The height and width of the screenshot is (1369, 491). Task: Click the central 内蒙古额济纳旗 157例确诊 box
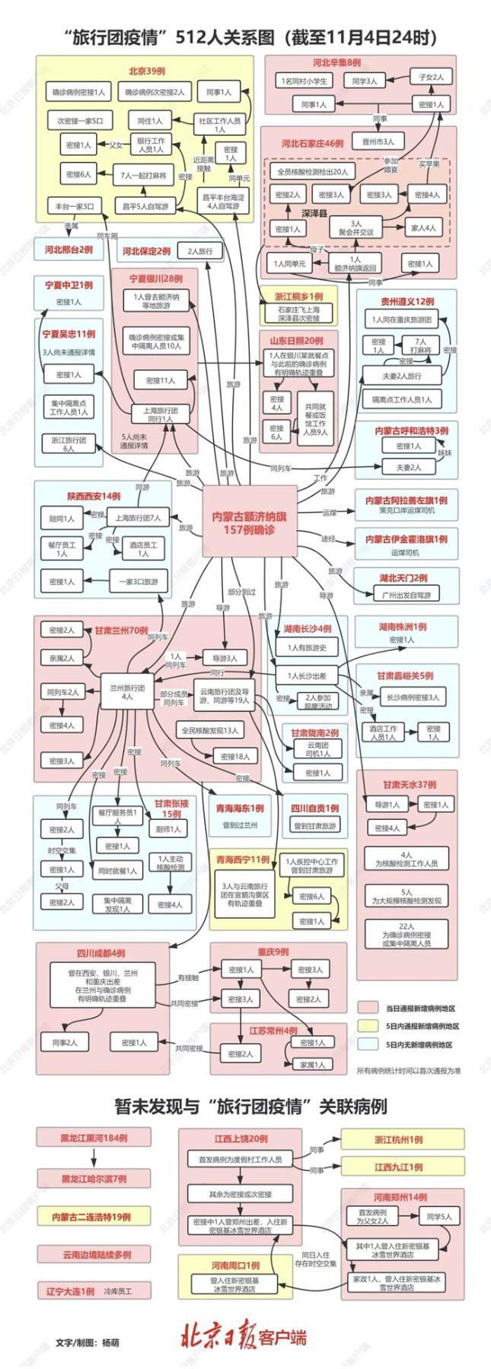tap(249, 523)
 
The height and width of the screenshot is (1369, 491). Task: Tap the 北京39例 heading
tap(146, 71)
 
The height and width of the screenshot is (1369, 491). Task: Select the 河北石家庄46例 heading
tap(312, 143)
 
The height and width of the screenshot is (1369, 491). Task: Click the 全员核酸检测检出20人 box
tap(312, 172)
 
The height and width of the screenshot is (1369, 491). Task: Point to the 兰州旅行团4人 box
tap(127, 691)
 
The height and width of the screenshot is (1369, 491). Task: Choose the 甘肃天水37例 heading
tap(410, 784)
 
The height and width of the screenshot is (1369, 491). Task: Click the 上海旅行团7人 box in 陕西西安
tap(138, 517)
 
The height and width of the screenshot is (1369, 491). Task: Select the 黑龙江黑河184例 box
tap(94, 1138)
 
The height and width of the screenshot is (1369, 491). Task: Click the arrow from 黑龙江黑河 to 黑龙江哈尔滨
tap(94, 1158)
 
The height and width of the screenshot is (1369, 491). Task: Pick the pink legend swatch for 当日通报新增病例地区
tap(368, 1008)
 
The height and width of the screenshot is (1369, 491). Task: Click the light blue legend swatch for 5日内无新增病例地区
tap(368, 1044)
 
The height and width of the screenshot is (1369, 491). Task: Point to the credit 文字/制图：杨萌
tap(88, 1342)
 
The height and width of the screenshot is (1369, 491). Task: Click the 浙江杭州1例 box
tap(402, 1139)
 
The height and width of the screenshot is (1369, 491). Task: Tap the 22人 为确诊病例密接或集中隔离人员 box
tap(407, 934)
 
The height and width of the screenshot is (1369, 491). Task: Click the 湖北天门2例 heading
tap(403, 578)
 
